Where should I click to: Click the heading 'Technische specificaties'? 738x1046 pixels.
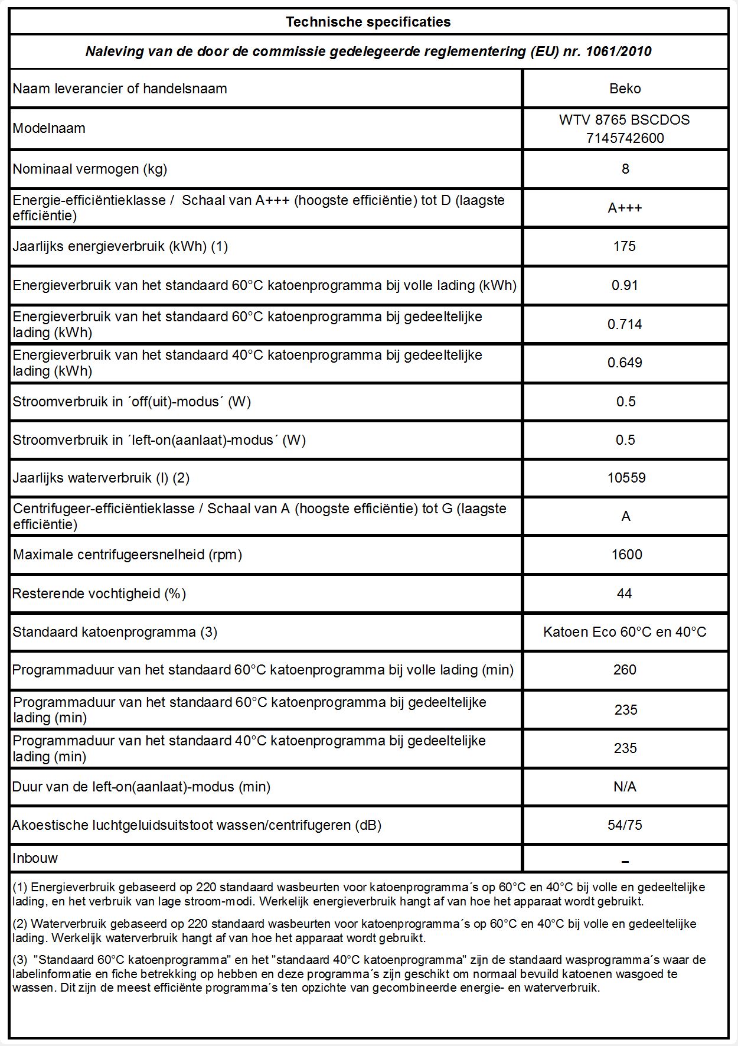(368, 22)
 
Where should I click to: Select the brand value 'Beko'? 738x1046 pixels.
(625, 89)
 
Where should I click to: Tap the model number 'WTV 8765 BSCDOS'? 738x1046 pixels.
(624, 120)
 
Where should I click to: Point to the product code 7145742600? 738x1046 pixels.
(625, 138)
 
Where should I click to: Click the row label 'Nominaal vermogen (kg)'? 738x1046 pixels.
(90, 169)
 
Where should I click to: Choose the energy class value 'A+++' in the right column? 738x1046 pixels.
(625, 208)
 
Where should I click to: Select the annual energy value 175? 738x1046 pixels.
(624, 246)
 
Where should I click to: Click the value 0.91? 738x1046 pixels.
(624, 285)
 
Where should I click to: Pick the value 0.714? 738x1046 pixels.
(624, 324)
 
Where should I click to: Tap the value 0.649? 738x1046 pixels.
(624, 363)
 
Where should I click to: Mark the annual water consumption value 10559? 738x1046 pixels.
(626, 478)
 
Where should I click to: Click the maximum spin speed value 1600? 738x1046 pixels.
(626, 555)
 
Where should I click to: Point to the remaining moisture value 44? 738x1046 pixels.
(624, 594)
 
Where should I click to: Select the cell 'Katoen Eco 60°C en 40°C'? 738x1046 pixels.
(624, 632)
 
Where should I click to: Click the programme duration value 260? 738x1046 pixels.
(624, 670)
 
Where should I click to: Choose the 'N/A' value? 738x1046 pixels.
(625, 787)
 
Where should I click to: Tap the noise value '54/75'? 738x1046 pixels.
(625, 825)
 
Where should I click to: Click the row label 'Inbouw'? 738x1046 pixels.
(35, 858)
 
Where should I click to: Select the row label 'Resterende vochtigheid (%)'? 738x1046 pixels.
(99, 594)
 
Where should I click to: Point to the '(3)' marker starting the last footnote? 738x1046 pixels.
(20, 960)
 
